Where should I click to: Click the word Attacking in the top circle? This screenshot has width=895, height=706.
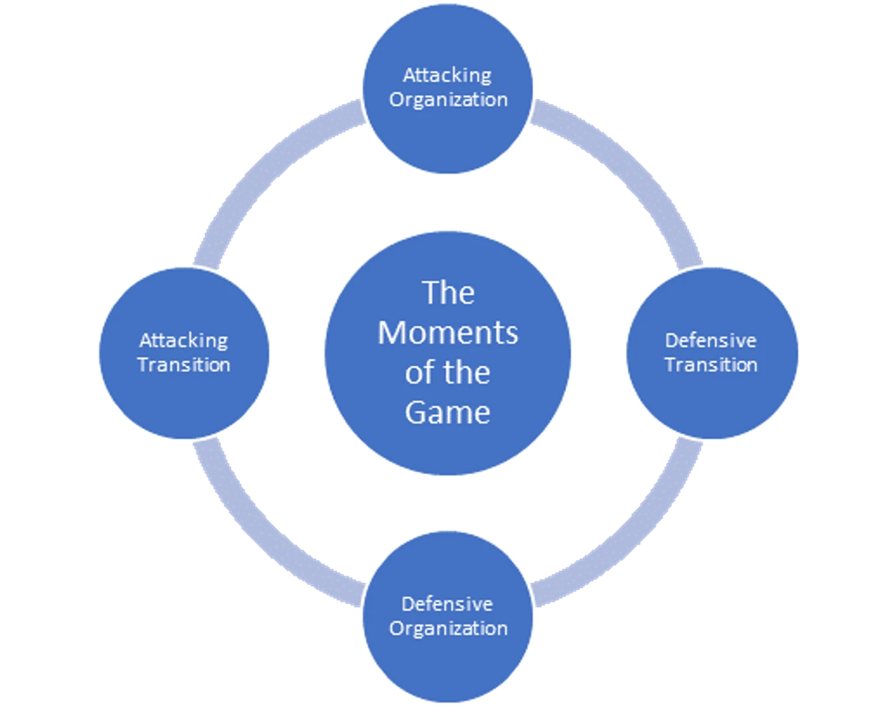pyautogui.click(x=447, y=75)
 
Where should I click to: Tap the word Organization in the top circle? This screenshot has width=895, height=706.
pyautogui.click(x=448, y=100)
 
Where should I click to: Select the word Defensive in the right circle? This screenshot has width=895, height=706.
pyautogui.click(x=710, y=340)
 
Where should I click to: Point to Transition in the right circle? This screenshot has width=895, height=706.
pyautogui.click(x=711, y=365)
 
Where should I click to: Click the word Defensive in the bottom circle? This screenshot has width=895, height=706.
pyautogui.click(x=447, y=604)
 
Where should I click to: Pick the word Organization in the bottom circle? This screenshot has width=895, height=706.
pyautogui.click(x=448, y=628)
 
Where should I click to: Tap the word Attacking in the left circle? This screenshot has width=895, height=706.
pyautogui.click(x=183, y=340)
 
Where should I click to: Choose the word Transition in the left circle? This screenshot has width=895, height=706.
pyautogui.click(x=184, y=365)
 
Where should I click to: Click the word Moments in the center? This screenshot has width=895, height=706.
pyautogui.click(x=447, y=333)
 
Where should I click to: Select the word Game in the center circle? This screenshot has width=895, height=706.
pyautogui.click(x=447, y=412)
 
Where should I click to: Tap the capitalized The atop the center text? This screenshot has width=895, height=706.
pyautogui.click(x=448, y=293)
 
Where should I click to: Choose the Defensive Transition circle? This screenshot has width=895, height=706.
pyautogui.click(x=711, y=398)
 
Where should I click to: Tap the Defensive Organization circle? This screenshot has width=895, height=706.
pyautogui.click(x=448, y=662)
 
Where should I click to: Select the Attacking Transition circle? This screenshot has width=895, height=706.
pyautogui.click(x=184, y=398)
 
